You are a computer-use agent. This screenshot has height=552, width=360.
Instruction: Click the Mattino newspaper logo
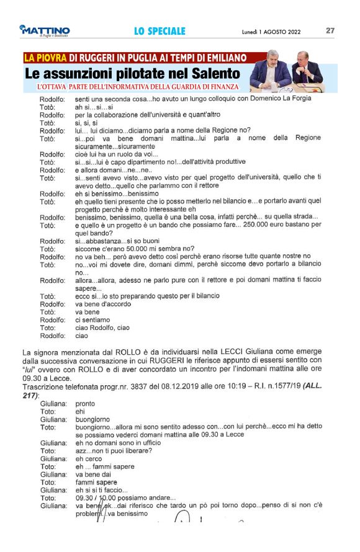tap(45, 30)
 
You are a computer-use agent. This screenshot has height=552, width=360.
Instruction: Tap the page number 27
tap(330, 30)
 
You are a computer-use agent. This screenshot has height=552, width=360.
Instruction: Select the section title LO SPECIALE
tap(160, 31)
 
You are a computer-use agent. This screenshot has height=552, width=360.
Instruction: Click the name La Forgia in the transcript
tap(292, 99)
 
